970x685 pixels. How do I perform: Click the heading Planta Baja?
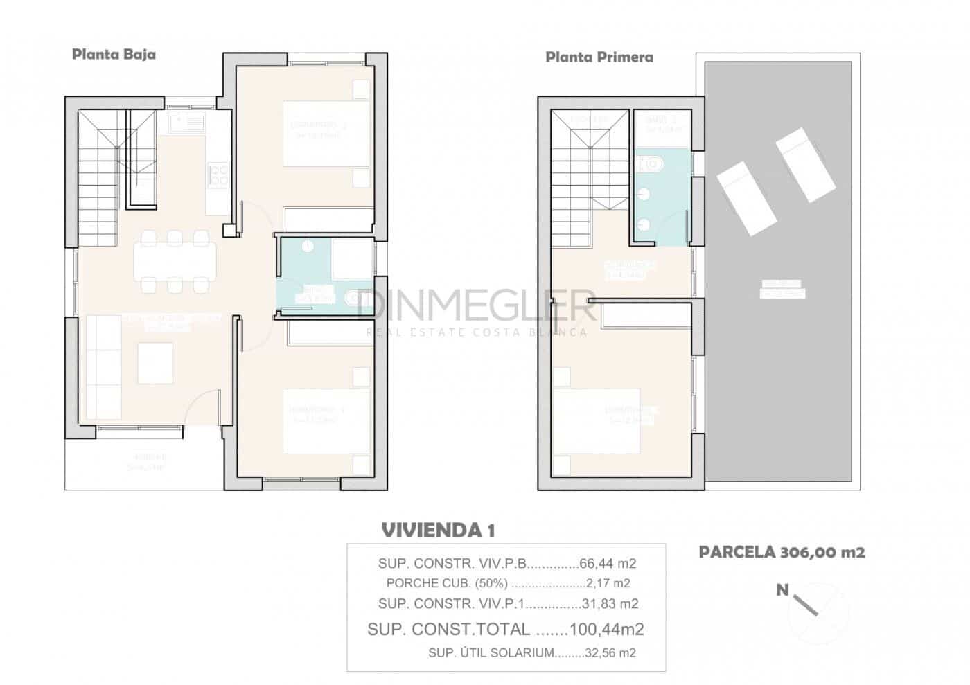point(114,55)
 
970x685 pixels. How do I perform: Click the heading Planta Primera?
point(599,57)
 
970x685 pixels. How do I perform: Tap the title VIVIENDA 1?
point(438,531)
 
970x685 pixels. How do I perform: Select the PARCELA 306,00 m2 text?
point(782,552)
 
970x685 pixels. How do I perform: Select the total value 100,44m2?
point(606,629)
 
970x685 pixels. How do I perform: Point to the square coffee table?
point(155,363)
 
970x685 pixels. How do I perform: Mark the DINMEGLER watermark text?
point(477,305)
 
